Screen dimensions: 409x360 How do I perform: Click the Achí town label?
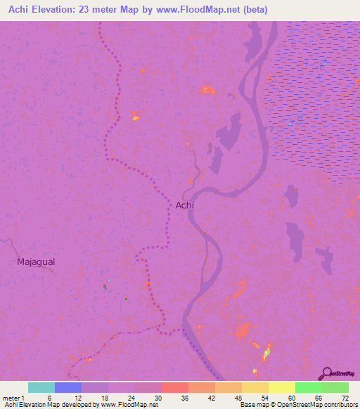(184, 204)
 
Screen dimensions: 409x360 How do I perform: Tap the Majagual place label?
(36, 261)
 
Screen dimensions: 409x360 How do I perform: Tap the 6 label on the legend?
(49, 397)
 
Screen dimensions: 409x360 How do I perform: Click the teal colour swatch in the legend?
(41, 387)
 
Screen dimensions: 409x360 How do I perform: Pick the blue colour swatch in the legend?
(68, 387)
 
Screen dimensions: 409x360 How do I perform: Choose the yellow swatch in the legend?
(281, 387)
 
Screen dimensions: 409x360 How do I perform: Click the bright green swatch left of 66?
(308, 387)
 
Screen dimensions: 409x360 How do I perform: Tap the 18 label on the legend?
(103, 397)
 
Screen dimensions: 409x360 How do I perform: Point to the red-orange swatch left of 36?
(174, 387)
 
